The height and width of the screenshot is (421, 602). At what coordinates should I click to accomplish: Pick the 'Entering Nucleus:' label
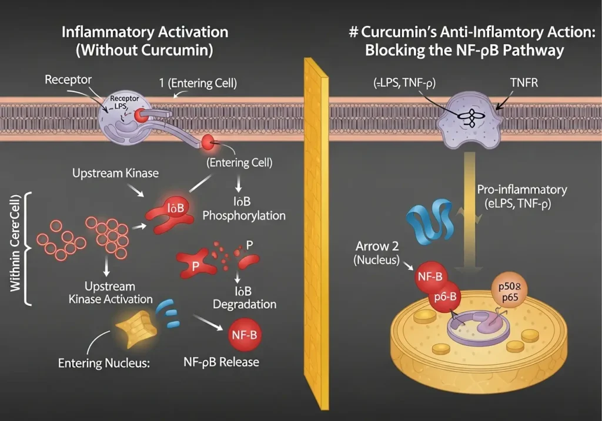click(105, 363)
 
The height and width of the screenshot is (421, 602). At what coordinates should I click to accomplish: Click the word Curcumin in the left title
click(175, 50)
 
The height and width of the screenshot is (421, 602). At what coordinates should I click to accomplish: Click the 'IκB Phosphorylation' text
click(244, 208)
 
